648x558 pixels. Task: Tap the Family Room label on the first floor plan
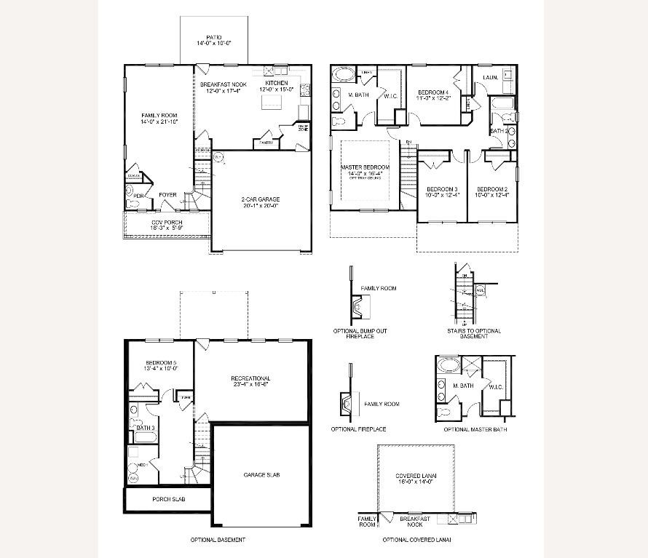pos(159,115)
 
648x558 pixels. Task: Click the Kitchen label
pos(276,84)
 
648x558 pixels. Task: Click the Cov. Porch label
pos(167,222)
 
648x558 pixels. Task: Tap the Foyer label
pos(168,195)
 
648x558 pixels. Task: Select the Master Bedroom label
pos(366,167)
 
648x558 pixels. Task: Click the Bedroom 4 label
pos(433,92)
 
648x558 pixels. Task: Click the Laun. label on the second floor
pos(489,76)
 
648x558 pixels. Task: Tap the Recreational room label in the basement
pos(250,378)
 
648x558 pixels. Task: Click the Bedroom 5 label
pos(161,362)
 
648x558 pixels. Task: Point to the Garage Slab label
pos(261,474)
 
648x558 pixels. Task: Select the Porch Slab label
pos(167,499)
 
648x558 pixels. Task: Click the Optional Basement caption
pos(218,540)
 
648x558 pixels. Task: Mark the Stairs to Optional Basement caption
pos(474,334)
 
